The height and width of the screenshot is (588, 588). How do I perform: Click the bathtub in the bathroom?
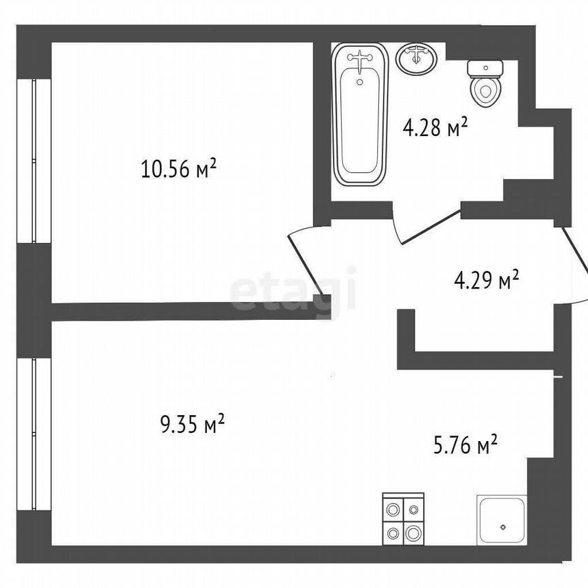pos(360,116)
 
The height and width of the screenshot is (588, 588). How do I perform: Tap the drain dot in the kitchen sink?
pos(502,527)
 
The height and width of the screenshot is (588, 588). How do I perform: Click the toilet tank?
pos(485,68)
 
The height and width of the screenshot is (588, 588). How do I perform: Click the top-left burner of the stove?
pos(393,508)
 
